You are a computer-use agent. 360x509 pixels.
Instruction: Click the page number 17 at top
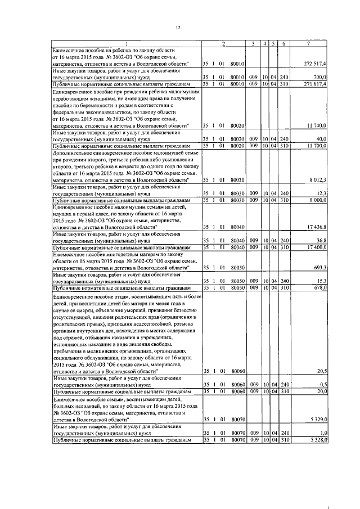(178, 28)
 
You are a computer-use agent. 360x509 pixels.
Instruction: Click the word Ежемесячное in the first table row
(70, 51)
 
